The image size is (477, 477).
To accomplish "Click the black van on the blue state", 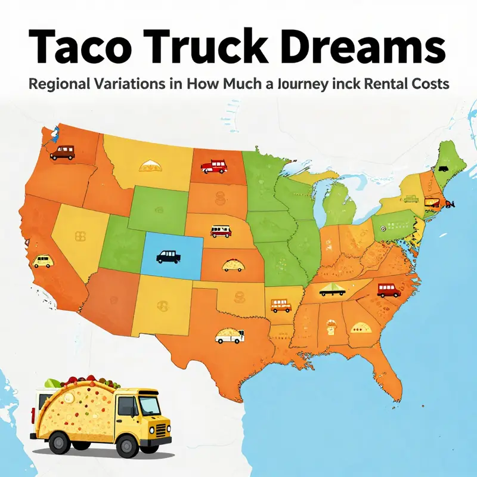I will tap(168, 256).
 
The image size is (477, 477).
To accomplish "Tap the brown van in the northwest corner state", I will tap(62, 153).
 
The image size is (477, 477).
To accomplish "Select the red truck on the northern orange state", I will tap(213, 166).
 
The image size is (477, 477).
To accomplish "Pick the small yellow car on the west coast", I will tap(43, 261).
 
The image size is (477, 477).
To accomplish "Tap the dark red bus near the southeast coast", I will tap(389, 290).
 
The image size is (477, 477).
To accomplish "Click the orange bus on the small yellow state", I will tap(280, 305).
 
